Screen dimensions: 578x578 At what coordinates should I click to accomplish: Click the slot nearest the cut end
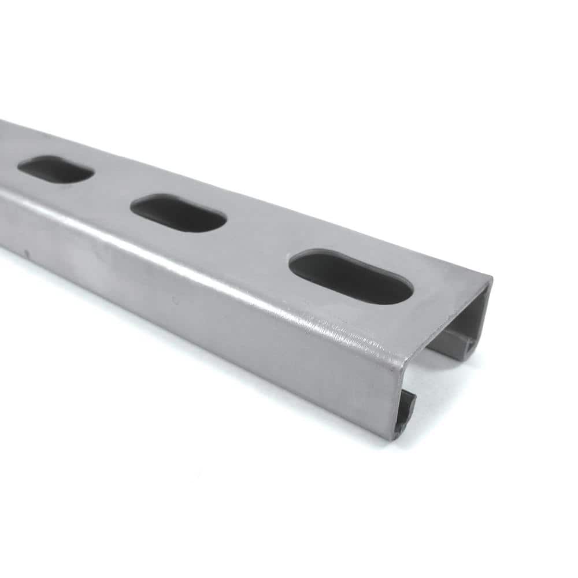pos(351,277)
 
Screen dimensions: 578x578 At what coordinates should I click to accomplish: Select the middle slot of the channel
pos(178,213)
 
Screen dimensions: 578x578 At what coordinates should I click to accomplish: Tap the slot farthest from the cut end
pos(55,169)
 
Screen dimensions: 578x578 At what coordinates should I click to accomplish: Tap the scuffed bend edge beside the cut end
pos(370,347)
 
